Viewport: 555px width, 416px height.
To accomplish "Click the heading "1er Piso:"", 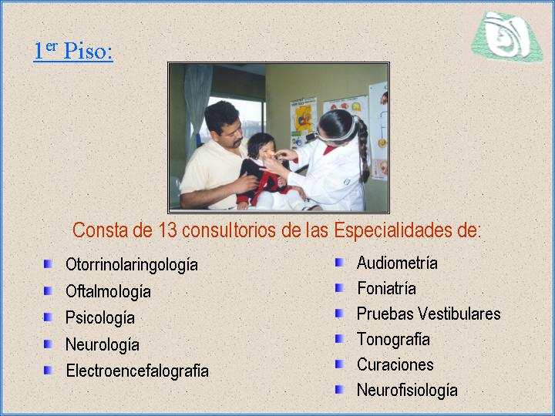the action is coord(73,51).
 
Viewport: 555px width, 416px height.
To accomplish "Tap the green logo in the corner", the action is coord(507,36).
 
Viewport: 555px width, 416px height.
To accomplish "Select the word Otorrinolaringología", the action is coord(132,265).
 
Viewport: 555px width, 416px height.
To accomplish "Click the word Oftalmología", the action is coord(109,292).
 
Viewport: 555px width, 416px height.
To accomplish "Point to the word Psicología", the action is coord(100,318).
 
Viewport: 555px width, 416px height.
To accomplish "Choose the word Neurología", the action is coord(103,345).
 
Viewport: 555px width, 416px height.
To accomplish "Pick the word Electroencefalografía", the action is coord(137,371).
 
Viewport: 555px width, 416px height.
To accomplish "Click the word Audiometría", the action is coord(397,263).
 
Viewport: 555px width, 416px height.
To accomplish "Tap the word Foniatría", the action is coord(386,288).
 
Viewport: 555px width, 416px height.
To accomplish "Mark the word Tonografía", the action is coord(393,340).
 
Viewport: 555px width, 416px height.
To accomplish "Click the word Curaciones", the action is coord(395,364).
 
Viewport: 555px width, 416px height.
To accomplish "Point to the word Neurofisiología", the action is coord(407,391).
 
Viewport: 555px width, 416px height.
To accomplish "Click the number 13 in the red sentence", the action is coord(167,230).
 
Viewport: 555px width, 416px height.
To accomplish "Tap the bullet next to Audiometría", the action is coord(339,263).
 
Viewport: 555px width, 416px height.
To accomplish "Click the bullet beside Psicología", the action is coord(48,317).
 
